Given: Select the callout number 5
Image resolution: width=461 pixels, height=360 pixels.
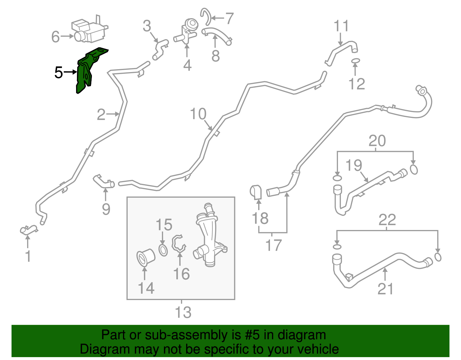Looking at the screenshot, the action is point(58,73).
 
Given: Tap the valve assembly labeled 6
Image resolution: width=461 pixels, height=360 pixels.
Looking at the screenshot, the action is point(89,30).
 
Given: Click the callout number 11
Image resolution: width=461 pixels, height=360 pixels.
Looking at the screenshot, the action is point(341,26).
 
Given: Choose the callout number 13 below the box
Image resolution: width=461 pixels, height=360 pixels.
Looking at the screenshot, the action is point(183,312).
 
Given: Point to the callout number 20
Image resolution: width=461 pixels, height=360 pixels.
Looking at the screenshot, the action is point(377,140).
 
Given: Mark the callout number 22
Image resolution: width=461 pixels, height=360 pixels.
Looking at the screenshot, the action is point(387,220).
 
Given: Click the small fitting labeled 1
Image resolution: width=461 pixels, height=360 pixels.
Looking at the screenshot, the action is point(29,230).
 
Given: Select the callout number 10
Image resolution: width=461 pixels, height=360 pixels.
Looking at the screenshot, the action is point(198,114).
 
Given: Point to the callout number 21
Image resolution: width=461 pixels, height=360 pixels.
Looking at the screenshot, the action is point(385,289).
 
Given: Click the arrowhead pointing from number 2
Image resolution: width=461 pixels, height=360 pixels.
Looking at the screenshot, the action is point(117,114).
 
